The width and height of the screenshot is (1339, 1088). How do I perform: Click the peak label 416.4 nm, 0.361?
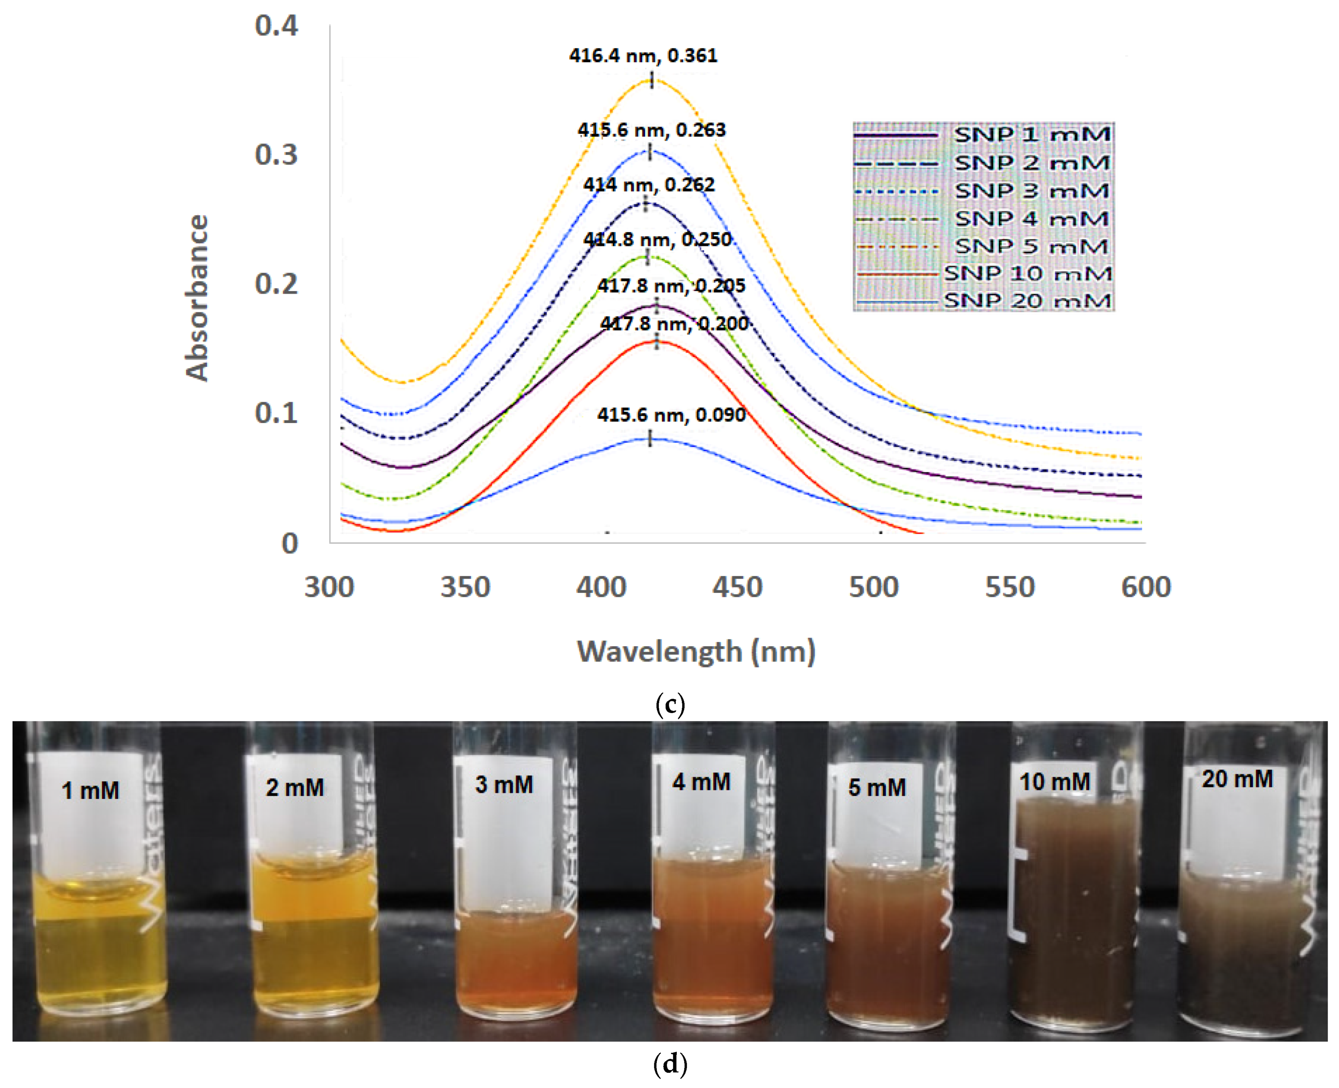pos(643,56)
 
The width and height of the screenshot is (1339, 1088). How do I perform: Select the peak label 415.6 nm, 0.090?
pos(671,415)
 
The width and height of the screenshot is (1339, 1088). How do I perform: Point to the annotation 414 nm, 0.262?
pos(648,185)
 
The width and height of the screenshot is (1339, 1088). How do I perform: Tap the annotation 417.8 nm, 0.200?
pos(674,324)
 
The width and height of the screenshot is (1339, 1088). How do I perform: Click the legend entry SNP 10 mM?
pos(1028,274)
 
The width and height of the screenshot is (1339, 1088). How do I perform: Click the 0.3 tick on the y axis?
pos(276,155)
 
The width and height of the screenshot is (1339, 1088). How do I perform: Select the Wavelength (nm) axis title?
pos(695,651)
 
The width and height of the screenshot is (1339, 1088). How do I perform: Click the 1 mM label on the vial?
pos(90,790)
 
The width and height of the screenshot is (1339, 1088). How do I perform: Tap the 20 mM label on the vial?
pos(1237,779)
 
